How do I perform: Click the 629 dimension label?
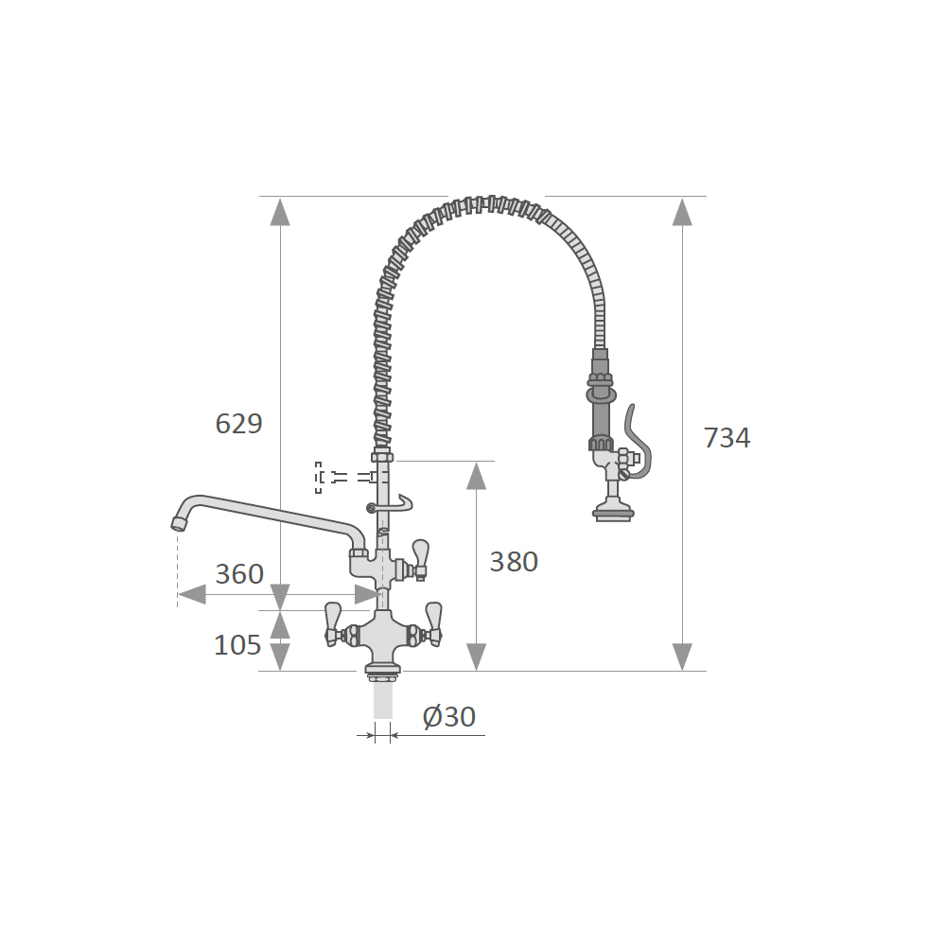pyautogui.click(x=239, y=424)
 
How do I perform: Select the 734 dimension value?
pyautogui.click(x=727, y=438)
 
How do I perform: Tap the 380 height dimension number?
pyautogui.click(x=514, y=562)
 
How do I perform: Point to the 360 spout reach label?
pyautogui.click(x=239, y=574)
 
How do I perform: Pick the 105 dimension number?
pyautogui.click(x=237, y=645)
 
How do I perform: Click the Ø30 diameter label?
pyautogui.click(x=449, y=717)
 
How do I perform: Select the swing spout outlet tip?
pyautogui.click(x=179, y=523)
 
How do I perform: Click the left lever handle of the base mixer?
pyautogui.click(x=332, y=623)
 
